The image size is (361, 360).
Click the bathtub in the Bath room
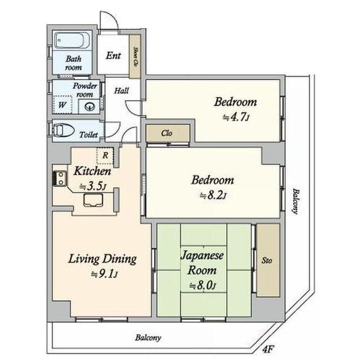[72, 40]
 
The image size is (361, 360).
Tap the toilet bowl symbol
[64, 130]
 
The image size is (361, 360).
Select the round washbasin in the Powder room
[90, 106]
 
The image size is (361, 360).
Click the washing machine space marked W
[62, 105]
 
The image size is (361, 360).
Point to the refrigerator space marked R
[105, 155]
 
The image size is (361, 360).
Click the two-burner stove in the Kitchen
[60, 178]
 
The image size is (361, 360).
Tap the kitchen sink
[93, 200]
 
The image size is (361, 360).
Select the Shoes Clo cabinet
[135, 56]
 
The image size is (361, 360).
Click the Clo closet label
[167, 133]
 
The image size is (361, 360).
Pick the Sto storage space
[268, 260]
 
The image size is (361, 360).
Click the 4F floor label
[268, 350]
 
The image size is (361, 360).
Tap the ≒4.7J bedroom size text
[236, 118]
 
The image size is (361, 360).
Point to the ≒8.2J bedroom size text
[213, 195]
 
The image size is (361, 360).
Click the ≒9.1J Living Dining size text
[104, 274]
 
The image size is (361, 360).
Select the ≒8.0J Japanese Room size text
[202, 286]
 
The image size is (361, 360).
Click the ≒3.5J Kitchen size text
[93, 186]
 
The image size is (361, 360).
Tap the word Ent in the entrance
[113, 56]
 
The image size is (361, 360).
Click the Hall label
[122, 91]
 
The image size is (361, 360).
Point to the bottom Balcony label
[148, 337]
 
